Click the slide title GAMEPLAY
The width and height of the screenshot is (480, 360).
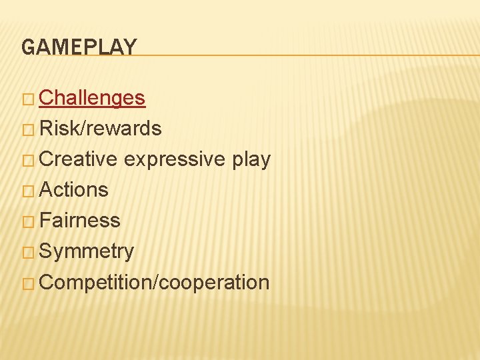[x=79, y=47]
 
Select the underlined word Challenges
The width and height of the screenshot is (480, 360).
[x=92, y=98]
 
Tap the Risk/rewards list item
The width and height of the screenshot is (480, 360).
[x=101, y=129]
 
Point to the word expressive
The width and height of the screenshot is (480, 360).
[x=174, y=159]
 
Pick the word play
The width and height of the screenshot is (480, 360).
[x=251, y=160]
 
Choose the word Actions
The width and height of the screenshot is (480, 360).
[x=74, y=190]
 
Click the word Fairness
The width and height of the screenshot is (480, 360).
[x=80, y=221]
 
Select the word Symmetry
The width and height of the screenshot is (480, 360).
[x=87, y=252]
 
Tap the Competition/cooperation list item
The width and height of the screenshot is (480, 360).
[x=155, y=283]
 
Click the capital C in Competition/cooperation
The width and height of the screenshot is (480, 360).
[x=47, y=283]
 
